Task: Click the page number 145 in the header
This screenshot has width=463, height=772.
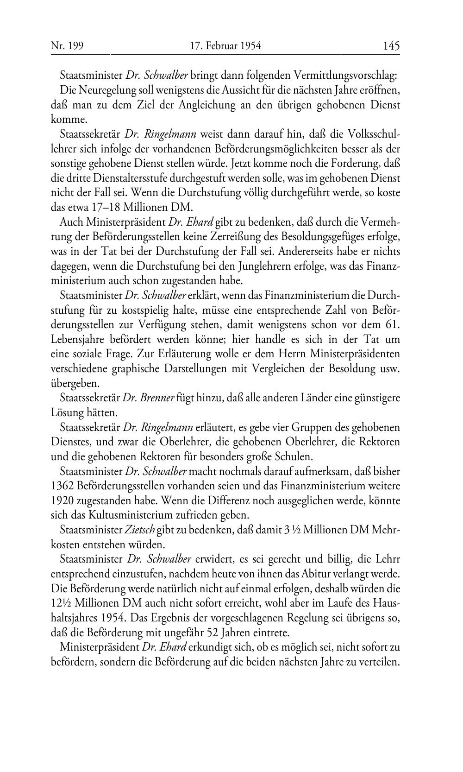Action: [x=391, y=46]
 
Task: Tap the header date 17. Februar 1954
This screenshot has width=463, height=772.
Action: [x=225, y=46]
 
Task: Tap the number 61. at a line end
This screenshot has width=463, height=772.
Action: [x=392, y=325]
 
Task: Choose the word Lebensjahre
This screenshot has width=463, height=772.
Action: [x=76, y=340]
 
